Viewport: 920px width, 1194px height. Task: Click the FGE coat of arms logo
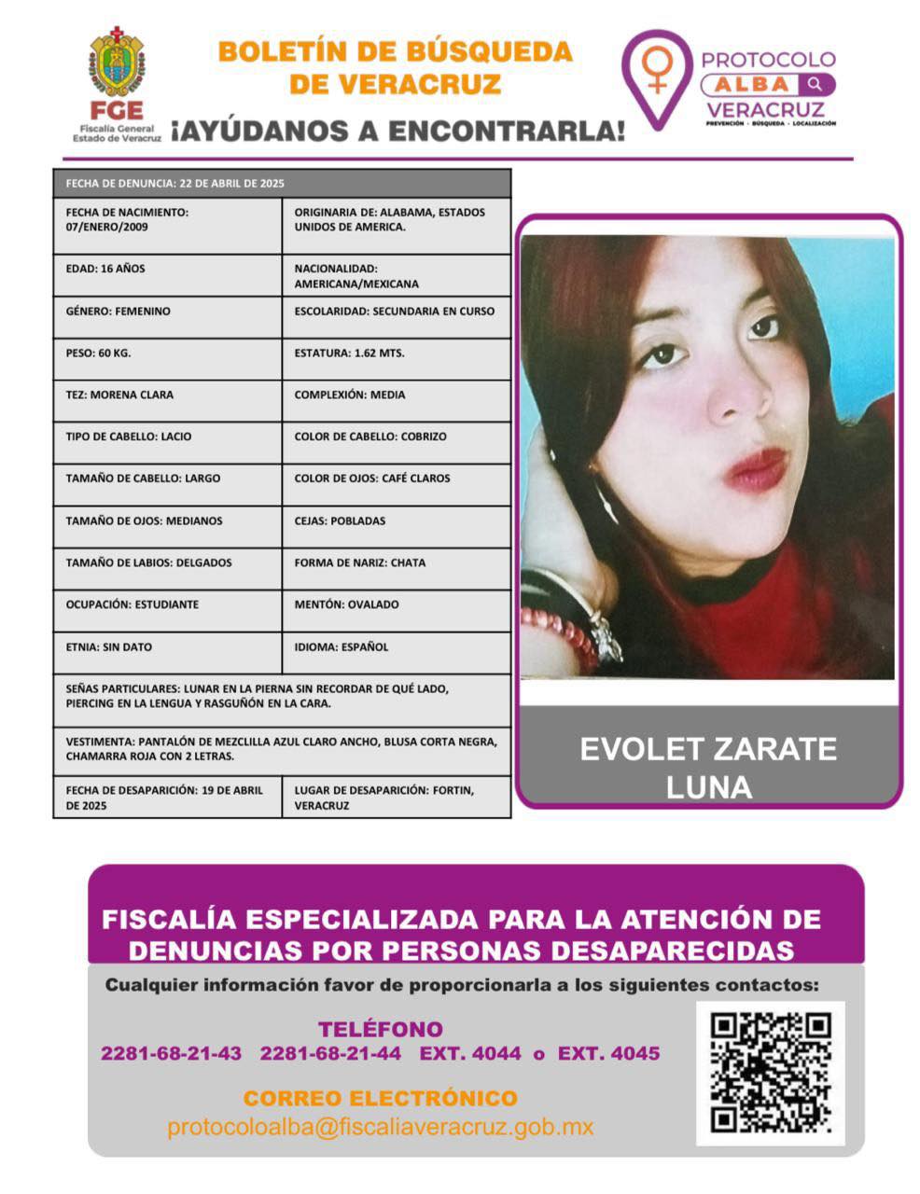point(117,63)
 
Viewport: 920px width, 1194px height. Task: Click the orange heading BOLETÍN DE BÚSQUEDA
point(395,51)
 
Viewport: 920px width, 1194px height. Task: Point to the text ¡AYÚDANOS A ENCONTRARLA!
point(397,132)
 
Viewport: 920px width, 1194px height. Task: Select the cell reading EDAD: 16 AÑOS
point(167,275)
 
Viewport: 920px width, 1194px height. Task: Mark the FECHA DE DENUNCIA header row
point(282,183)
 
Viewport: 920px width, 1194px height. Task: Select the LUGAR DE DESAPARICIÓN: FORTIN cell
point(396,798)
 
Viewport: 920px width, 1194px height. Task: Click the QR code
point(770,1073)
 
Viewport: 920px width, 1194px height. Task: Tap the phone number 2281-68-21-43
point(171,1054)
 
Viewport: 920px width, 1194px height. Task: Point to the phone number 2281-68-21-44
point(330,1054)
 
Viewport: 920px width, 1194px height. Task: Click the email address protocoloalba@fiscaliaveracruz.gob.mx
point(381,1127)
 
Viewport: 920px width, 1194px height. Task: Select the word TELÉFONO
point(381,1029)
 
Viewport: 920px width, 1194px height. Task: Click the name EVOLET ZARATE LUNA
point(708,768)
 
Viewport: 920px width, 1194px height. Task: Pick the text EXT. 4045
point(608,1054)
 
